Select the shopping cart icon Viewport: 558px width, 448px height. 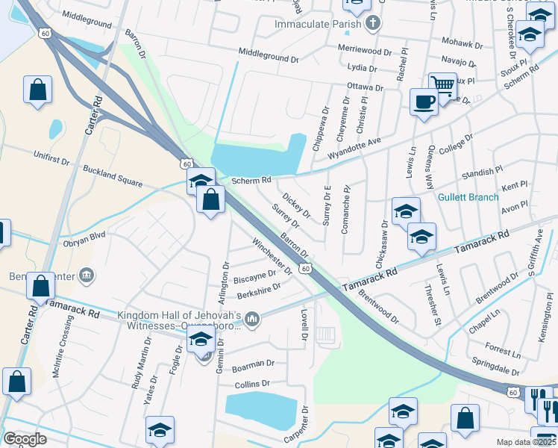(x=443, y=85)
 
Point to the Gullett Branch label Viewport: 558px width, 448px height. (x=468, y=197)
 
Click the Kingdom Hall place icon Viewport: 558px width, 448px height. (x=252, y=320)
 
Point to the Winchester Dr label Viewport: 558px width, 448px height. (x=272, y=254)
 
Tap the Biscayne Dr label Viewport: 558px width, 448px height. (x=256, y=275)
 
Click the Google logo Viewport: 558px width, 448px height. (x=25, y=439)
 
